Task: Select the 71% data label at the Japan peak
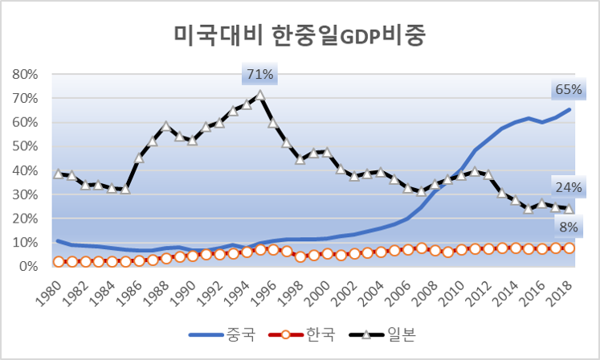(260, 75)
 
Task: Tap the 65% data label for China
(568, 89)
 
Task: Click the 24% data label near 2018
(568, 188)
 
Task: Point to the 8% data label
(568, 227)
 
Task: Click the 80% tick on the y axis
(27, 74)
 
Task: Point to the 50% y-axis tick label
(27, 146)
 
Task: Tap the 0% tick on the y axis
(31, 266)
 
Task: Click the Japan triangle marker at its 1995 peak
(260, 95)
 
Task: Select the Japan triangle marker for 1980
(58, 174)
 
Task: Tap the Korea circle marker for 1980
(58, 262)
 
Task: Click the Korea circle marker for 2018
(569, 247)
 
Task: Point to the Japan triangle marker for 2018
(569, 209)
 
